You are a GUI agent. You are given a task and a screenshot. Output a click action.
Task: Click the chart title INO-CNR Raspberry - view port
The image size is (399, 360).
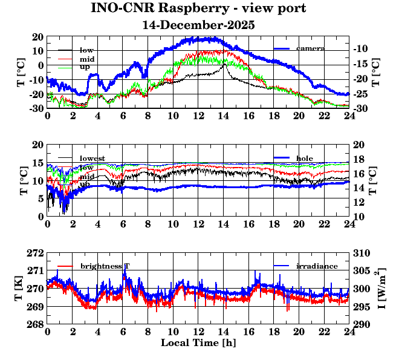pos(198,8)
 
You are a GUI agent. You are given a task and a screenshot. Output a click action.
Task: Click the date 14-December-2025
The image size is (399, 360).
pos(198,25)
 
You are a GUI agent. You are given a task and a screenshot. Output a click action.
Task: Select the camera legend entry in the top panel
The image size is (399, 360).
pos(310,48)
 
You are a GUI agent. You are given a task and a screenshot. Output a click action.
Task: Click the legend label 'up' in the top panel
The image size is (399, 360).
pos(85,68)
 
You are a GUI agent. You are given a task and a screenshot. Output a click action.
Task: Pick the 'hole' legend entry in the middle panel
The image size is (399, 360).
pos(305,159)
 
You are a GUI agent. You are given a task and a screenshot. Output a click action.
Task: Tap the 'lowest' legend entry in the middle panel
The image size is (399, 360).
pos(92,159)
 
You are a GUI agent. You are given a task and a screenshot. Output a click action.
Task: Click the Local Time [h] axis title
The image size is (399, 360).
pos(198,342)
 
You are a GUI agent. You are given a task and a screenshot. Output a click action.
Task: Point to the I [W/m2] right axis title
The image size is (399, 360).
pos(383,288)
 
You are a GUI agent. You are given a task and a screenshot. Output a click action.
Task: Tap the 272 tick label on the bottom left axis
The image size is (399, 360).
pos(36,253)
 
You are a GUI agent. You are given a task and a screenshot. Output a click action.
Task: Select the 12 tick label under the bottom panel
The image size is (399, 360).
pos(198,331)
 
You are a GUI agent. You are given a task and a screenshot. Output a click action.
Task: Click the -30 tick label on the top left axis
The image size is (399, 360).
pos(35,109)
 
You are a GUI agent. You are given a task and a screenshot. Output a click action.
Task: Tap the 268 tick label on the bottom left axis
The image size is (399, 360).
pos(36,325)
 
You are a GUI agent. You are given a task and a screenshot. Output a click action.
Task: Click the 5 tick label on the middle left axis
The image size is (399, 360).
pos(41,198)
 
